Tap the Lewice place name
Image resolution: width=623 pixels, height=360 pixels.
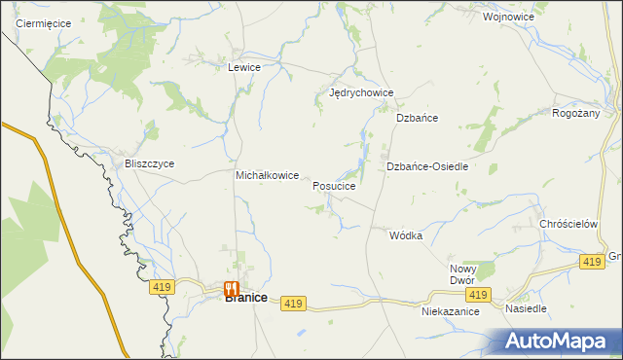click(x=243, y=67)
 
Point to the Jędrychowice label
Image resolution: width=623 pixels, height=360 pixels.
click(x=361, y=93)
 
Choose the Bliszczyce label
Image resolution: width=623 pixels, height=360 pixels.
click(x=149, y=163)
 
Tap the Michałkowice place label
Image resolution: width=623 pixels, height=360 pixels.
click(x=267, y=175)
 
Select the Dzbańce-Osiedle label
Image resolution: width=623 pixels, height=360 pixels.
click(x=427, y=166)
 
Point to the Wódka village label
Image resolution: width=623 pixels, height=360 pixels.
click(x=406, y=235)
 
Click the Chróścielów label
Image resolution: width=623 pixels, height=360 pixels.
click(x=568, y=223)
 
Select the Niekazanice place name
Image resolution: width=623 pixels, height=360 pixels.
click(x=450, y=312)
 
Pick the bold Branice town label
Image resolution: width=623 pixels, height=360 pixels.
click(x=246, y=299)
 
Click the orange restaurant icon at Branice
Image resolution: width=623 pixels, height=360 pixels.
click(x=232, y=288)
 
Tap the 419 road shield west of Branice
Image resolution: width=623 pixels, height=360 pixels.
click(x=162, y=287)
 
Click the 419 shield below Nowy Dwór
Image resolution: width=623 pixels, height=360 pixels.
click(x=476, y=295)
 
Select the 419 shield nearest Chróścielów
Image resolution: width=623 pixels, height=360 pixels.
click(x=591, y=262)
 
